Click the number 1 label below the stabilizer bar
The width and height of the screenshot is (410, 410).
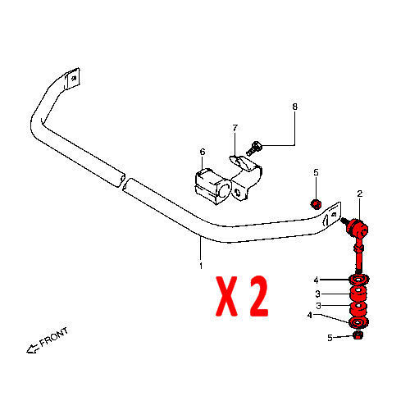(201, 266)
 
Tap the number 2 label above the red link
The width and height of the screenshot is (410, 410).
(360, 194)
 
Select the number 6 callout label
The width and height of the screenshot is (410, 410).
(203, 152)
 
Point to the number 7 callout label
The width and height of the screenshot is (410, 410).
(235, 128)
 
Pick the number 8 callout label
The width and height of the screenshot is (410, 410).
(294, 107)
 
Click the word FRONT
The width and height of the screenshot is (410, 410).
(54, 338)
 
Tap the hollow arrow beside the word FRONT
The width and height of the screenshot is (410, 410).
(32, 349)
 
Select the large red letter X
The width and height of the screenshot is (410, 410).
(227, 296)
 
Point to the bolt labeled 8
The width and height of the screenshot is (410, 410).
(253, 148)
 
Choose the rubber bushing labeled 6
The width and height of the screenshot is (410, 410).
(212, 186)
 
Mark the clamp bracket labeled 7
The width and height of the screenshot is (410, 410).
(246, 177)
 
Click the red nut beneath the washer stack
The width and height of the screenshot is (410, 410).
(358, 335)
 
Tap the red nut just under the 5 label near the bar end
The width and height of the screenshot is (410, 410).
(317, 204)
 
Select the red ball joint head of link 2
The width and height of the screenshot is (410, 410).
(358, 227)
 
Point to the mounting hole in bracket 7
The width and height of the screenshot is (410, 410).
(238, 192)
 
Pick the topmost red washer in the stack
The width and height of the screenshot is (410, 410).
(359, 280)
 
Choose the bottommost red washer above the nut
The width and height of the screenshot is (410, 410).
(359, 322)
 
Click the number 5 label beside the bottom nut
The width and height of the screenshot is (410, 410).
(330, 338)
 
